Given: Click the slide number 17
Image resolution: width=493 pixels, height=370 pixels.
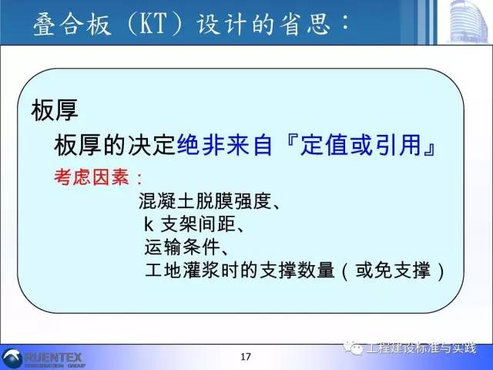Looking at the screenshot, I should pos(246,356).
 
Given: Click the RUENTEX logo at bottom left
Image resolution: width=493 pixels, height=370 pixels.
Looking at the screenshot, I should pos(46,358).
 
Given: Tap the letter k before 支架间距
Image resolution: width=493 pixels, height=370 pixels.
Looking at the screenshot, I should pos(149,225).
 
